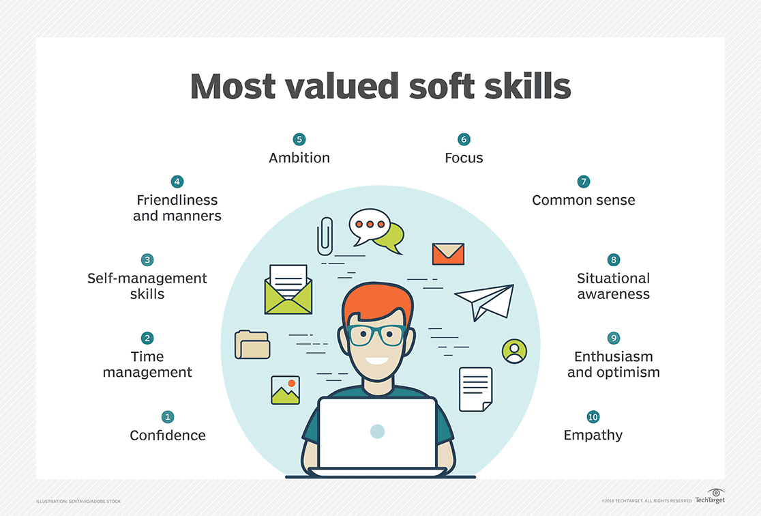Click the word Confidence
(168, 435)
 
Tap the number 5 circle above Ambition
(299, 139)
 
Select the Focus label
(464, 158)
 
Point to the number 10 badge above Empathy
(593, 416)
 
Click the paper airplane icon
(485, 301)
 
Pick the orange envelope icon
(448, 254)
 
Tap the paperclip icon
(325, 236)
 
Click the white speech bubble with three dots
(369, 225)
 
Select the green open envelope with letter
(288, 290)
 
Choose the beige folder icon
(252, 345)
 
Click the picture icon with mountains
(285, 390)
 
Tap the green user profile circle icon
(514, 351)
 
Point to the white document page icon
(475, 389)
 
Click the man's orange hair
(378, 304)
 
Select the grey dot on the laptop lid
(377, 431)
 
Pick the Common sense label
(583, 200)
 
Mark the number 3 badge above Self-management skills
(147, 260)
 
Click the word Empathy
(593, 435)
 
